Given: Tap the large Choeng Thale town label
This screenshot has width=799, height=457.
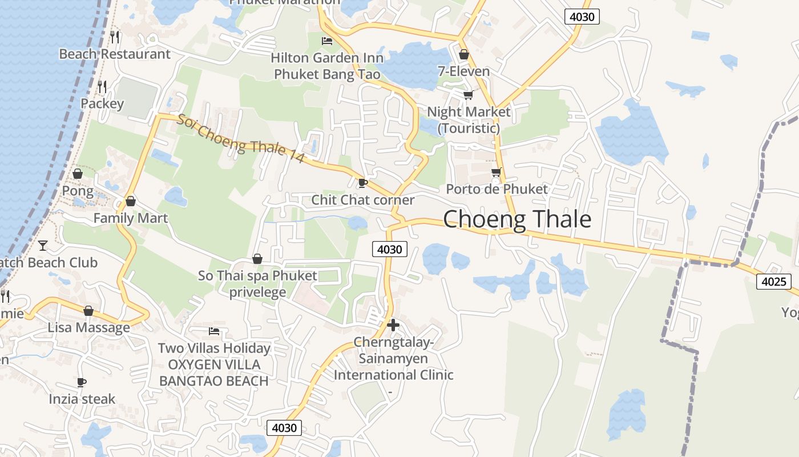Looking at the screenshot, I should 517,219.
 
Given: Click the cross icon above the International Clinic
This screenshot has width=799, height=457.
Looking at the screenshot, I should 393,325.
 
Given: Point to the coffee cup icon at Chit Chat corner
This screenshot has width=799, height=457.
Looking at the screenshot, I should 362,183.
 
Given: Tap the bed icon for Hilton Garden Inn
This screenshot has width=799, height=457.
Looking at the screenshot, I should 327,41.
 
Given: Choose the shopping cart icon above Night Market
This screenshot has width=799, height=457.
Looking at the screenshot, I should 468,95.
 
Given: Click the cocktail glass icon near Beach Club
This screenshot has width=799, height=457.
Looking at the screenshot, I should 43,246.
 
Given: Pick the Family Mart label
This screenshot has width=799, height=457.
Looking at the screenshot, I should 131,218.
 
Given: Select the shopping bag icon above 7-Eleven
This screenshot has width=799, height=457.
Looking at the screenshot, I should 464,54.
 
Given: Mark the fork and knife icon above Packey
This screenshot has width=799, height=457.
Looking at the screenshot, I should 102,87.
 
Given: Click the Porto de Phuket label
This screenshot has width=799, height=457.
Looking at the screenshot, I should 497,189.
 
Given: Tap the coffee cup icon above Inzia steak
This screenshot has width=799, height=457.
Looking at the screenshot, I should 82,382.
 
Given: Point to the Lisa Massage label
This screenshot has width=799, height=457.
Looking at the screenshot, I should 88,328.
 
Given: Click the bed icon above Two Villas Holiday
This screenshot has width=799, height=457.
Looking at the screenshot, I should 214,331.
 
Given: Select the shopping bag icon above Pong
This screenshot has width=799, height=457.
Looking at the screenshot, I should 77,174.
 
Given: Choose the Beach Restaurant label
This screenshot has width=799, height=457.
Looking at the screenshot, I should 115,54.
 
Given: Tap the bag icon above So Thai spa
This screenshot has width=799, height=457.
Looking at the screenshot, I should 257,259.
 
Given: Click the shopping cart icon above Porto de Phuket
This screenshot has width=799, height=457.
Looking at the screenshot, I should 497,172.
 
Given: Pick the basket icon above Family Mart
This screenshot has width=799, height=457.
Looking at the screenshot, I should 131,201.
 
